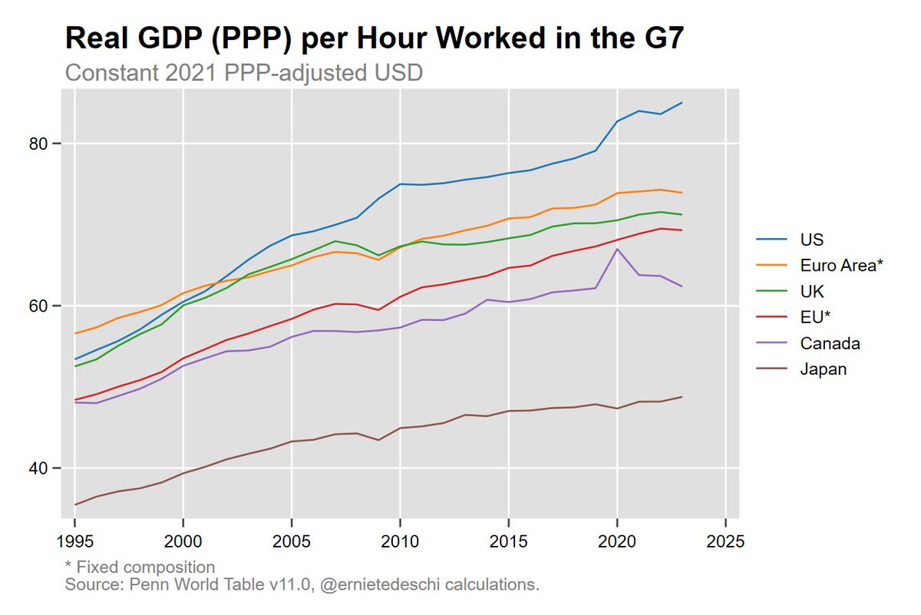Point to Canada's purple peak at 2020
[617, 249]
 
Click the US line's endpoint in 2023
[682, 103]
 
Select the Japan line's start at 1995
[74, 504]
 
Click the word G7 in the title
[655, 38]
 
